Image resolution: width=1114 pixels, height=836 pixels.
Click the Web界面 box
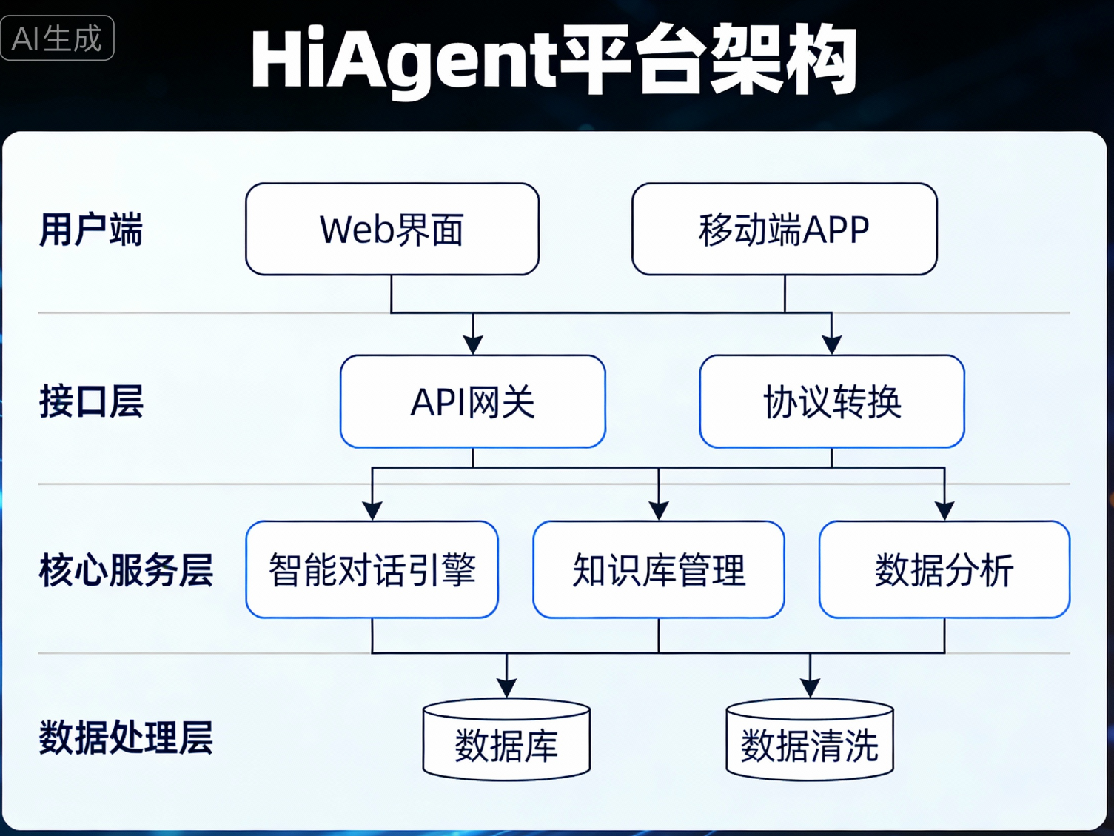pyautogui.click(x=392, y=230)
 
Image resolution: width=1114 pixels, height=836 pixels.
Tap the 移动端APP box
pyautogui.click(x=784, y=230)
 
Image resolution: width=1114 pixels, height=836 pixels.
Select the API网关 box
pyautogui.click(x=472, y=402)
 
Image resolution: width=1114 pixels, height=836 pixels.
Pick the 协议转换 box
pyautogui.click(x=832, y=402)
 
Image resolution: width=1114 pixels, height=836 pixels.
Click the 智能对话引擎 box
pyautogui.click(x=372, y=570)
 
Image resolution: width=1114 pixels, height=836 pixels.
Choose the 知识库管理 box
pyautogui.click(x=658, y=570)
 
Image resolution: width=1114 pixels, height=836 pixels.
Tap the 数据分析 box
pyautogui.click(x=944, y=570)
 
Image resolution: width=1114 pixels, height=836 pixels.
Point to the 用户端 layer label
pyautogui.click(x=90, y=230)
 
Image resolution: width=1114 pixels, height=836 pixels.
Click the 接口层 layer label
pyautogui.click(x=91, y=402)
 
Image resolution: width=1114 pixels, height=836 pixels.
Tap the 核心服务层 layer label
pyautogui.click(x=126, y=570)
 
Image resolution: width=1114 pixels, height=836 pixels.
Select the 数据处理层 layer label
pyautogui.click(x=126, y=738)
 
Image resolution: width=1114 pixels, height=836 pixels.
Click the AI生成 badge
pyautogui.click(x=57, y=38)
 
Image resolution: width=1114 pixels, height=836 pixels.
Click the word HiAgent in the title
pyautogui.click(x=403, y=61)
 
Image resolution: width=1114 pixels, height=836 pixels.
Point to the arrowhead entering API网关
pyautogui.click(x=473, y=344)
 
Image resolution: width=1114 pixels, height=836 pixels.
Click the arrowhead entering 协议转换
pyautogui.click(x=832, y=344)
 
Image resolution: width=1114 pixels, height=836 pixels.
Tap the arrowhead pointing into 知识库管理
pyautogui.click(x=659, y=510)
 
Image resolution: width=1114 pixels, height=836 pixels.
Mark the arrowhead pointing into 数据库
pyautogui.click(x=506, y=687)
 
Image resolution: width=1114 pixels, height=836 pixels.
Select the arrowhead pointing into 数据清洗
pyautogui.click(x=810, y=687)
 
